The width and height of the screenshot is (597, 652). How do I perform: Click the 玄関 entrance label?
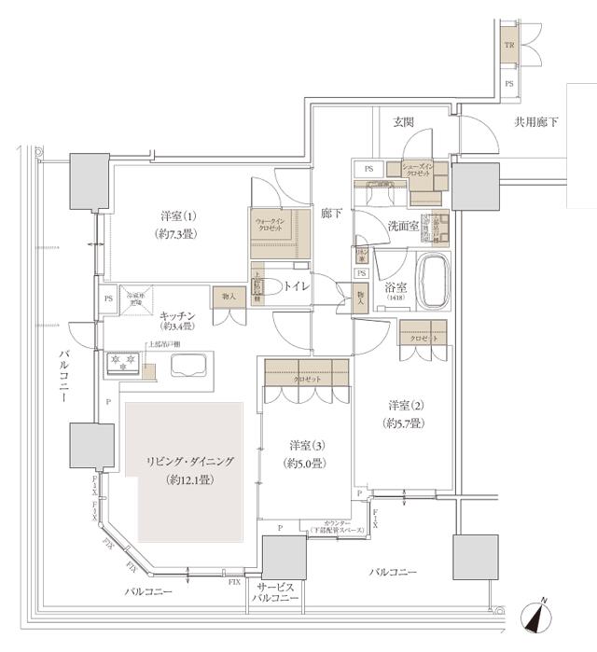point(403,122)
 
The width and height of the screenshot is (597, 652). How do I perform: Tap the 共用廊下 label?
point(538,122)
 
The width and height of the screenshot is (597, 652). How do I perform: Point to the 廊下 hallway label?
point(330,214)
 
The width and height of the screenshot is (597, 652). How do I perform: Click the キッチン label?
point(176,315)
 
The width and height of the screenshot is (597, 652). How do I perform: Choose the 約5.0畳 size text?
point(306,462)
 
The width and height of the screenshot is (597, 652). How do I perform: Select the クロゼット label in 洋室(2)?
point(423,337)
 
